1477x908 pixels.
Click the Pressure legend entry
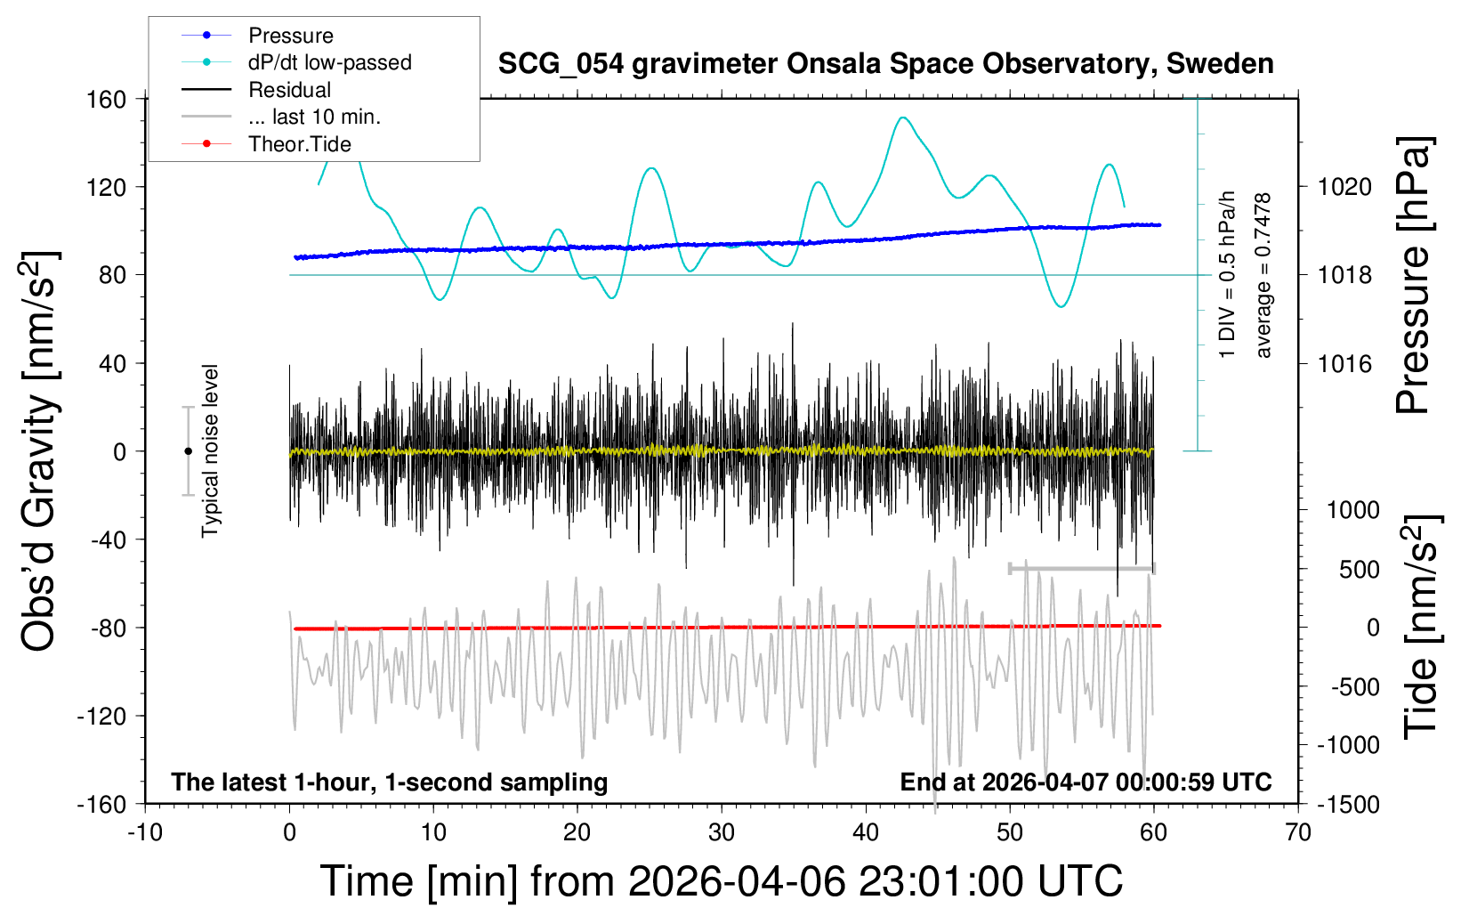coord(290,36)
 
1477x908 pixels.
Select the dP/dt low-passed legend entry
coord(329,62)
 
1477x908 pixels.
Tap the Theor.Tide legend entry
coord(299,144)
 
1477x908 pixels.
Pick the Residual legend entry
coord(289,90)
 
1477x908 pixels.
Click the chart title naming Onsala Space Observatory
coord(885,64)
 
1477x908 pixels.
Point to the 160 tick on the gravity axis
coord(107,99)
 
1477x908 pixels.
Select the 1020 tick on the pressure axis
coord(1344,187)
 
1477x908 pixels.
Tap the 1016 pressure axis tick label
coord(1344,363)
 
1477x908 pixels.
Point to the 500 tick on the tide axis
coord(1359,570)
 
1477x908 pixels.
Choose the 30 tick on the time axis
coord(722,833)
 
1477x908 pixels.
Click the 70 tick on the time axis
coord(1298,833)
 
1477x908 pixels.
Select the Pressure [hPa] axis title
coord(1413,276)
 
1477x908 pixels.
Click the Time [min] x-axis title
coord(721,881)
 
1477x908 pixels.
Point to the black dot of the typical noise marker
coord(188,451)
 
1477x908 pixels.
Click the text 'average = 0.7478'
coord(1263,276)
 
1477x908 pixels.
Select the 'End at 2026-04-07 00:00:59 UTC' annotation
coord(1086,782)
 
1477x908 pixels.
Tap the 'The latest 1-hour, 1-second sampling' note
coord(390,782)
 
